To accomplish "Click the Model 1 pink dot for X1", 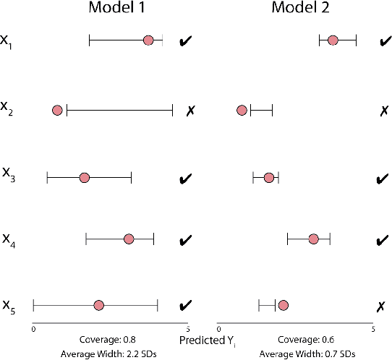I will (148, 40).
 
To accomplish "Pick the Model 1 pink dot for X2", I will (57, 110).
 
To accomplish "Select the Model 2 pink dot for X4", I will (313, 239).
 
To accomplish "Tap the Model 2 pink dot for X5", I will (283, 305).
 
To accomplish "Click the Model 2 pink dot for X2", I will (242, 110).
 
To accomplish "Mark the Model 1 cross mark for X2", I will (191, 111).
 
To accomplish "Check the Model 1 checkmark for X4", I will (185, 239).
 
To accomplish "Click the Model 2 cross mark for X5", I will (380, 307).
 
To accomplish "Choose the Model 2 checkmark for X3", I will (383, 178).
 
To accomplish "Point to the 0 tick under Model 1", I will (33, 330).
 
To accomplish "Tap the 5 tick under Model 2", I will (372, 330).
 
